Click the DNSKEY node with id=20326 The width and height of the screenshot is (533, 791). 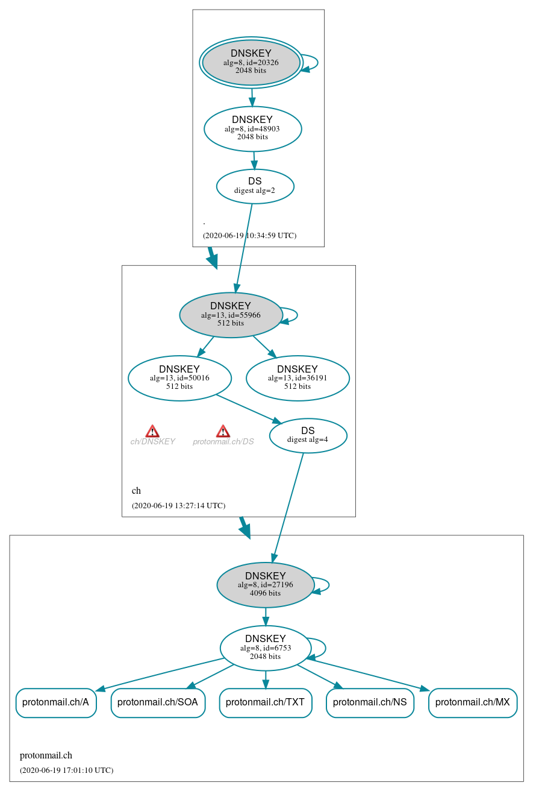pos(251,62)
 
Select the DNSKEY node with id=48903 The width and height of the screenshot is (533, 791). pos(252,128)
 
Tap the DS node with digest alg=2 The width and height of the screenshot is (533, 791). pos(255,186)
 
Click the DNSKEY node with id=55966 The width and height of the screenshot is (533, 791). pos(231,315)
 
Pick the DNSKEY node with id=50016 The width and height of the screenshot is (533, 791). pos(179,378)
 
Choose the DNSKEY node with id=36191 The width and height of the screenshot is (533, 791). pos(298,378)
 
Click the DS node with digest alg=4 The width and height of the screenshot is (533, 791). pos(308,435)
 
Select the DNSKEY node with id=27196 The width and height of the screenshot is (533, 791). pos(266,585)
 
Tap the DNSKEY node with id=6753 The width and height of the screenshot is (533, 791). pos(266,648)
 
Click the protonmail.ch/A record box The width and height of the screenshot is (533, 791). pos(55,702)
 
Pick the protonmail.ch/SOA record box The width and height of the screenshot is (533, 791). pos(158,702)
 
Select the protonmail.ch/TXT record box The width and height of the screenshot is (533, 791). pos(265,702)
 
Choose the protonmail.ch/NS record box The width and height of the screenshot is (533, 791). pos(370,702)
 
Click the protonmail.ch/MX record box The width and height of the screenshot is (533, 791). pos(473,702)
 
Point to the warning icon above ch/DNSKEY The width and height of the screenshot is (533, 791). pos(152,431)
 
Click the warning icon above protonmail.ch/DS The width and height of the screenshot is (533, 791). pos(223,431)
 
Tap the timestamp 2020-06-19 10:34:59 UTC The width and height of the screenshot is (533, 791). pos(249,236)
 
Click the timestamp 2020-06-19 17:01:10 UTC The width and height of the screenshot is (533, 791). pos(66,771)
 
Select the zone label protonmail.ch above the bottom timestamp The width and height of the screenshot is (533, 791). pos(46,755)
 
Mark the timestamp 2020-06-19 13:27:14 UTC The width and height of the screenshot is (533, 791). pos(178,506)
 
